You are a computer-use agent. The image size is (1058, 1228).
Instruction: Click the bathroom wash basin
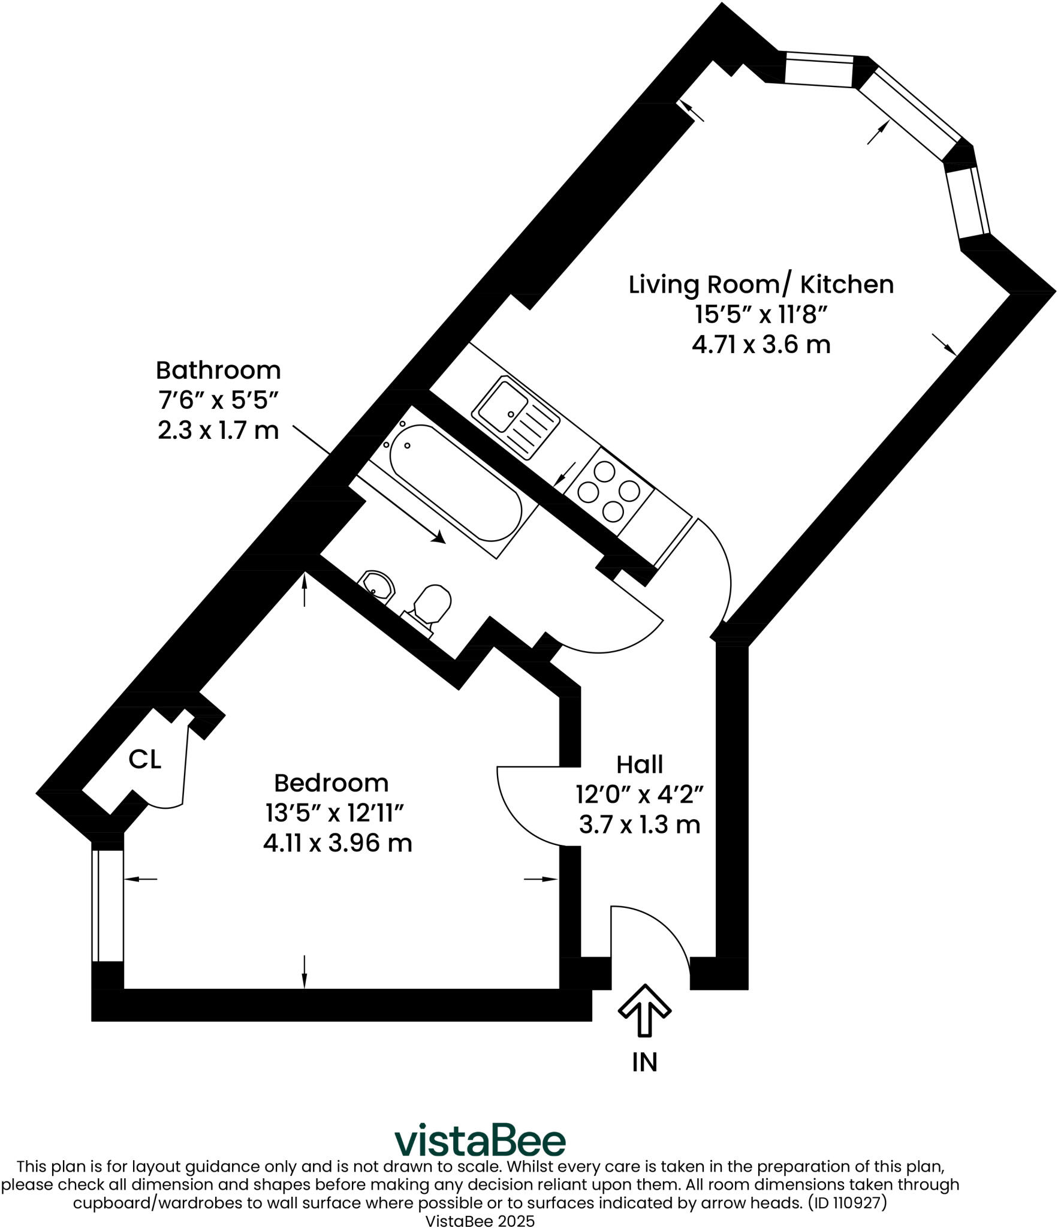(x=377, y=584)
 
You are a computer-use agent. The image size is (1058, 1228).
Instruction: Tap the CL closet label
(x=145, y=760)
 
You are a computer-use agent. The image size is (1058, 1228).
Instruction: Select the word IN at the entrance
(x=644, y=1062)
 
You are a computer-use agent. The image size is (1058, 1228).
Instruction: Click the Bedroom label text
(x=331, y=783)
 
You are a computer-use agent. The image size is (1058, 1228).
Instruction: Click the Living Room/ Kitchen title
(x=761, y=284)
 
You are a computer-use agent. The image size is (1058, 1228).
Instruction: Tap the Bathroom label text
(x=218, y=371)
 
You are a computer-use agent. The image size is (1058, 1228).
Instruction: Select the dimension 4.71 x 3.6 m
(x=761, y=345)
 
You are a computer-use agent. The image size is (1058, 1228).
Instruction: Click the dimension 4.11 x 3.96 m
(x=337, y=843)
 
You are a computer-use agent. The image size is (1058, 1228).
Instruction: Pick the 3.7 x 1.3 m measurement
(x=640, y=824)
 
